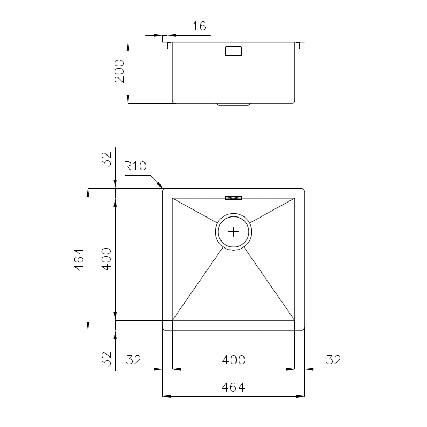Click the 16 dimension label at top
[200, 26]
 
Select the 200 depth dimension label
[119, 72]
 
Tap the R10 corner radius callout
[135, 166]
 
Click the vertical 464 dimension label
[79, 259]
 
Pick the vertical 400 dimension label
[106, 259]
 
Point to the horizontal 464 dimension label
[233, 387]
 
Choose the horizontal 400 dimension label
[233, 360]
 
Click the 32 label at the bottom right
[333, 360]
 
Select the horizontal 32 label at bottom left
[134, 360]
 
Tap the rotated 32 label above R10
[106, 159]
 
